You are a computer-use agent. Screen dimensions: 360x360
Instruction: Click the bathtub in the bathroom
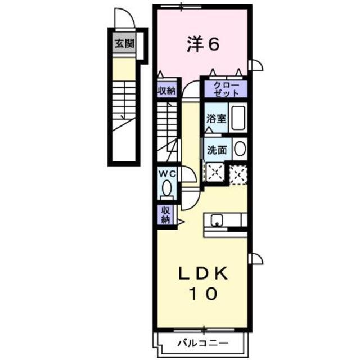click(238, 118)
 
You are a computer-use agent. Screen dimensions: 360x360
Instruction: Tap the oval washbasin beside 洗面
click(239, 149)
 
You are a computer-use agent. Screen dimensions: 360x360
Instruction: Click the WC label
click(167, 173)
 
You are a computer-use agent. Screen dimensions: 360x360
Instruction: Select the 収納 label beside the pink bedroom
click(166, 91)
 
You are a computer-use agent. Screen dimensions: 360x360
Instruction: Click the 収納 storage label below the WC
click(165, 214)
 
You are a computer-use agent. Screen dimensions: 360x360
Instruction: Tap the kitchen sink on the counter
click(217, 219)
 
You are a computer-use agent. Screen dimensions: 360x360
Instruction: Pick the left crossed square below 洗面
click(214, 173)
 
